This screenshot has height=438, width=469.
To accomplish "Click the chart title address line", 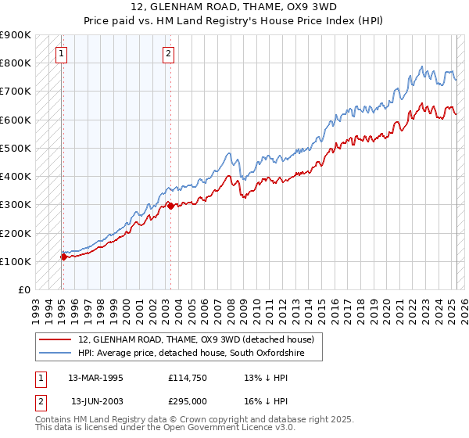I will click(234, 7).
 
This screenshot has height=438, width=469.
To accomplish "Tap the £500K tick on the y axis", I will click(16, 148).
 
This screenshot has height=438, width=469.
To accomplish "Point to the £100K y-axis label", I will click(16, 261).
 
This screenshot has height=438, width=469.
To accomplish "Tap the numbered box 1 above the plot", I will click(61, 54).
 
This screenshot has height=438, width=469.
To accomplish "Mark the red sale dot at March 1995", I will click(63, 257).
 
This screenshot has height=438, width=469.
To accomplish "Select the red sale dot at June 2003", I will click(170, 206).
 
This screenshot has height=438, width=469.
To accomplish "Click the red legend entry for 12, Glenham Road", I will click(195, 339).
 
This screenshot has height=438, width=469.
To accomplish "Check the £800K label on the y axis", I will click(16, 63).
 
